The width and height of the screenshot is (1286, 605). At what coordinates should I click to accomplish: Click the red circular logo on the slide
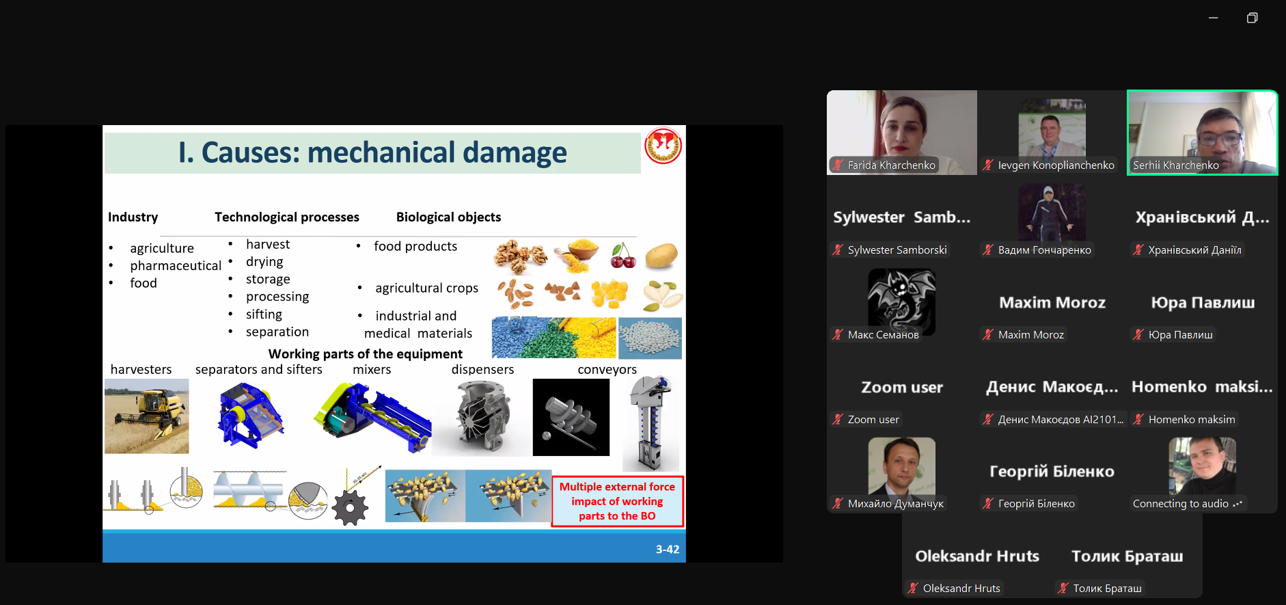(663, 146)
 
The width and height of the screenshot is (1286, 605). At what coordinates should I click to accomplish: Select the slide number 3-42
(668, 549)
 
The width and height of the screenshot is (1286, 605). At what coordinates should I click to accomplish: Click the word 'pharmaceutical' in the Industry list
(176, 265)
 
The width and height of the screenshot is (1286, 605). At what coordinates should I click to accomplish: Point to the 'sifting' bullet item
(264, 314)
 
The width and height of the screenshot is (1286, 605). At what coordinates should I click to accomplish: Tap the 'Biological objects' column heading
(448, 217)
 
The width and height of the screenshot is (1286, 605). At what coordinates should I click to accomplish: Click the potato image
(661, 256)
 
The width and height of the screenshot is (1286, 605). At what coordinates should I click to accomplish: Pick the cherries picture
(623, 256)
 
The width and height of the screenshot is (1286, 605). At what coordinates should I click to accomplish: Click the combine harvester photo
(146, 416)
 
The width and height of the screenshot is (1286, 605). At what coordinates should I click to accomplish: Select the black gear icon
(351, 508)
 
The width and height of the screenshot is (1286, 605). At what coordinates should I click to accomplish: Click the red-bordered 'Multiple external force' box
(617, 501)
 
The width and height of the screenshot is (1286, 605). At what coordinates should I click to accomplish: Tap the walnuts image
(521, 256)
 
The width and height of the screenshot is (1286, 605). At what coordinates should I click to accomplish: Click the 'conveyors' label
(607, 369)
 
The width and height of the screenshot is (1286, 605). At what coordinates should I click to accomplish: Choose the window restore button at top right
(1252, 18)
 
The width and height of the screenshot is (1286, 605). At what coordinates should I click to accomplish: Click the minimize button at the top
(1213, 18)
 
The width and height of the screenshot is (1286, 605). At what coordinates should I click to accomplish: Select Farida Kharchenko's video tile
(902, 133)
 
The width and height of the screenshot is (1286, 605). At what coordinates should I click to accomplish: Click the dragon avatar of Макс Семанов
(901, 301)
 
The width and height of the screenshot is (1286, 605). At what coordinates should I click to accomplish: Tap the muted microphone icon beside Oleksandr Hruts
(913, 588)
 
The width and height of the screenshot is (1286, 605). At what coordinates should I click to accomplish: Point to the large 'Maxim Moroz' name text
(1052, 302)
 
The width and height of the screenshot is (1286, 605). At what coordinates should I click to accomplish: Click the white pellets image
(650, 338)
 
